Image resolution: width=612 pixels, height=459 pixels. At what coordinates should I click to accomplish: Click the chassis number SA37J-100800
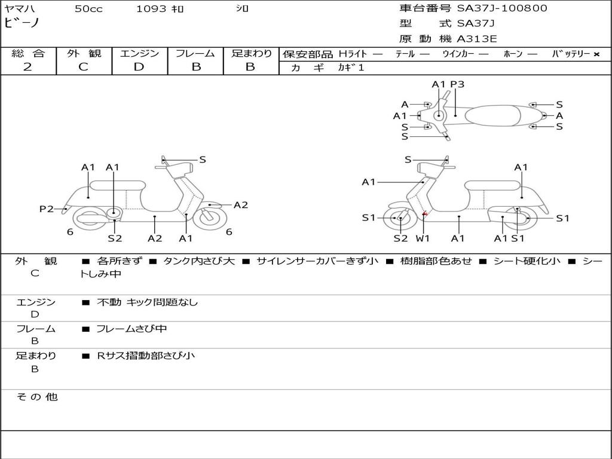(502, 8)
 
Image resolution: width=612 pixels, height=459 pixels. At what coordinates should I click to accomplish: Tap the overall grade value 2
(27, 67)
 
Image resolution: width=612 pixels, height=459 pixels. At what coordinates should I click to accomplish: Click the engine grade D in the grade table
(139, 67)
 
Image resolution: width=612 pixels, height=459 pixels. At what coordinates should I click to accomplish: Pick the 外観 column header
(84, 53)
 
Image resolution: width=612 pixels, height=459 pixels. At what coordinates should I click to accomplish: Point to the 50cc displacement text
(88, 9)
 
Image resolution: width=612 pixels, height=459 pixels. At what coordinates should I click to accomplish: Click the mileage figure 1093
(151, 8)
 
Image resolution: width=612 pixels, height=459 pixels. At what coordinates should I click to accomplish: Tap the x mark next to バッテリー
(596, 54)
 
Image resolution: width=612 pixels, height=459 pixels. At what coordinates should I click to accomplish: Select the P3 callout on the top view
(457, 84)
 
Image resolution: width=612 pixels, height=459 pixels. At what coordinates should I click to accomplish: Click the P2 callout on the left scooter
(47, 209)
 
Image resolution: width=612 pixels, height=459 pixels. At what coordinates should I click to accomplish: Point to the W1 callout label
(423, 238)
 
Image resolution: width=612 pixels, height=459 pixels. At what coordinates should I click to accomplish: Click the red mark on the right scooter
(425, 213)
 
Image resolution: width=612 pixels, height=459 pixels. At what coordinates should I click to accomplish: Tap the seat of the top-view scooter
(492, 115)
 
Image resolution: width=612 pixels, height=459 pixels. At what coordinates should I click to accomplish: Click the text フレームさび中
(131, 329)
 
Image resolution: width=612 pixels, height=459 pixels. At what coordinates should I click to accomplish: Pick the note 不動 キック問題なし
(147, 302)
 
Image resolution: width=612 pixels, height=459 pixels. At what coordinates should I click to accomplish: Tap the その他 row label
(37, 397)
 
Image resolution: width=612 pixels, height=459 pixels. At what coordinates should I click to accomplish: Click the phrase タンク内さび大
(199, 261)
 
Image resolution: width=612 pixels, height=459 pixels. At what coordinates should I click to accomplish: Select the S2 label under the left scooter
(115, 238)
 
